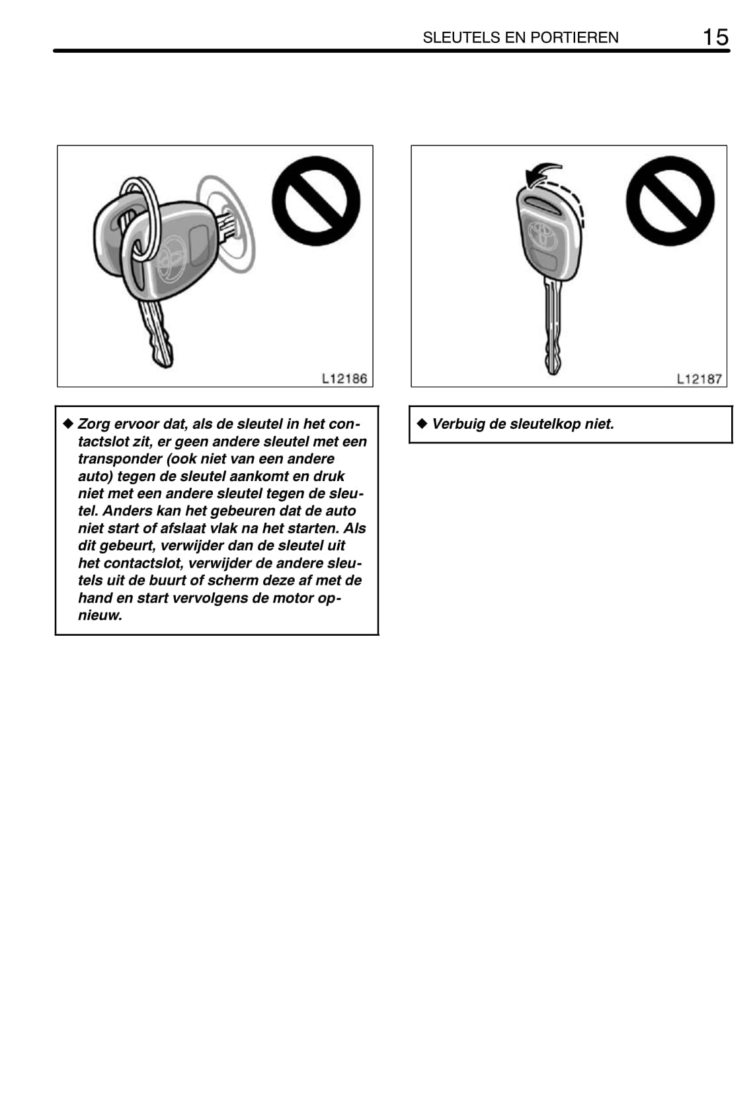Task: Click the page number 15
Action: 715,37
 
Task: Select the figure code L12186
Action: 344,379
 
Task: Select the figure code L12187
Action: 699,379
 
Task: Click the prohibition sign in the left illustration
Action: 316,201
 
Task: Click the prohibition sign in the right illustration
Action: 670,201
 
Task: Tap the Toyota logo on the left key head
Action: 171,258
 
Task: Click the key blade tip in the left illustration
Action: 162,358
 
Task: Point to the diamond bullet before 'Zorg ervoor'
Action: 67,423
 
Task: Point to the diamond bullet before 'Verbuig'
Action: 422,423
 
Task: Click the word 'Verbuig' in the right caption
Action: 457,424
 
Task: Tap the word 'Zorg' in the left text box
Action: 93,424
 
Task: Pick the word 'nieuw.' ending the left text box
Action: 100,615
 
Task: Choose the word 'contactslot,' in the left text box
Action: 142,563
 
